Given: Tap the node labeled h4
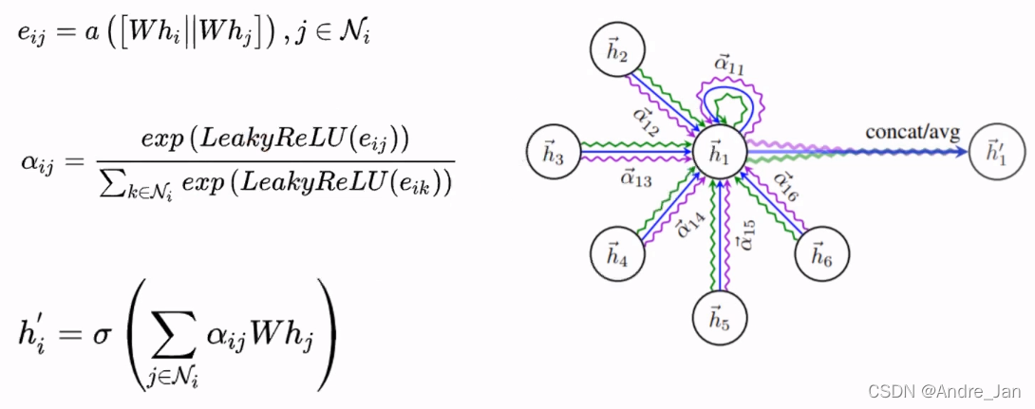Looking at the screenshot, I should pos(616,251).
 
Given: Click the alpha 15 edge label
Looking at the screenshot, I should pos(746,235).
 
